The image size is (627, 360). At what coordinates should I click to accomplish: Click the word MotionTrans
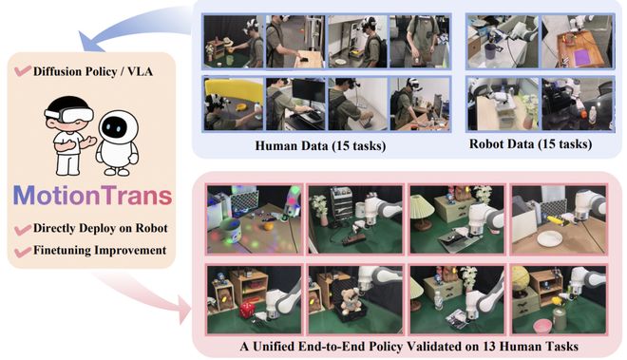point(93,196)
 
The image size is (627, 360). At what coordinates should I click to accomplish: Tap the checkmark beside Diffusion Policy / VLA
point(23,71)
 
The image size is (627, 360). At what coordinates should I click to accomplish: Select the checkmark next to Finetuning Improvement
point(23,252)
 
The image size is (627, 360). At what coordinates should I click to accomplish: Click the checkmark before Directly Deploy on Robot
point(23,230)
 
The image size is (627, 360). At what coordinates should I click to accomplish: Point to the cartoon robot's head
point(119,126)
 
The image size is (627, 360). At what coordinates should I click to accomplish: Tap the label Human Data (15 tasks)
point(320,145)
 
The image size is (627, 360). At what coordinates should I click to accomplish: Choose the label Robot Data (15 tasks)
point(530,143)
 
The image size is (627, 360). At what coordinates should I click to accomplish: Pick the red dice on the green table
point(246,310)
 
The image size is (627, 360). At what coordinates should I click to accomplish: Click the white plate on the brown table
point(550,238)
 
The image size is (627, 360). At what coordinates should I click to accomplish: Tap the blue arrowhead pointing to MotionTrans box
point(88,41)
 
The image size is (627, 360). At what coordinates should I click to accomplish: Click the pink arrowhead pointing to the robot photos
point(184,311)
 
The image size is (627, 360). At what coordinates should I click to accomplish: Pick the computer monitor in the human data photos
point(309,91)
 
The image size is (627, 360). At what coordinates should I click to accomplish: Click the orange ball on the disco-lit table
point(268,226)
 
